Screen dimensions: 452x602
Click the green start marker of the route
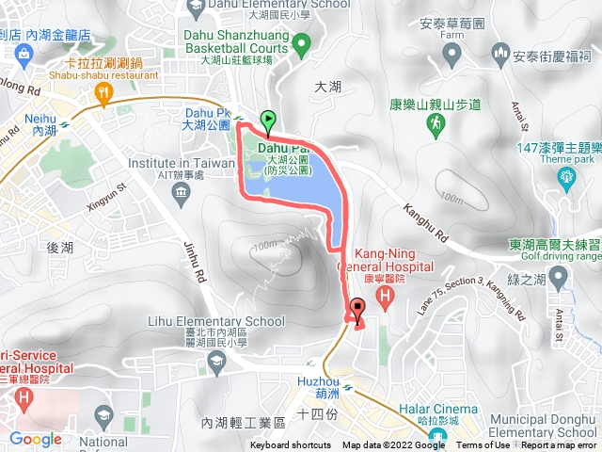click(x=268, y=121)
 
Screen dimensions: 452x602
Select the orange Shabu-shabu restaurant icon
click(x=104, y=94)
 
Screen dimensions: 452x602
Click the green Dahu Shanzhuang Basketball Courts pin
click(x=301, y=43)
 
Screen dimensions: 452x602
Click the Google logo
click(x=36, y=439)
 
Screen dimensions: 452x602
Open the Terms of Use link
click(x=483, y=445)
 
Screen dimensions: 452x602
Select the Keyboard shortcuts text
click(x=291, y=445)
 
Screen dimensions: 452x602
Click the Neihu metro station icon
click(x=65, y=121)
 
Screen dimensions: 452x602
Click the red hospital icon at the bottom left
click(x=22, y=400)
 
